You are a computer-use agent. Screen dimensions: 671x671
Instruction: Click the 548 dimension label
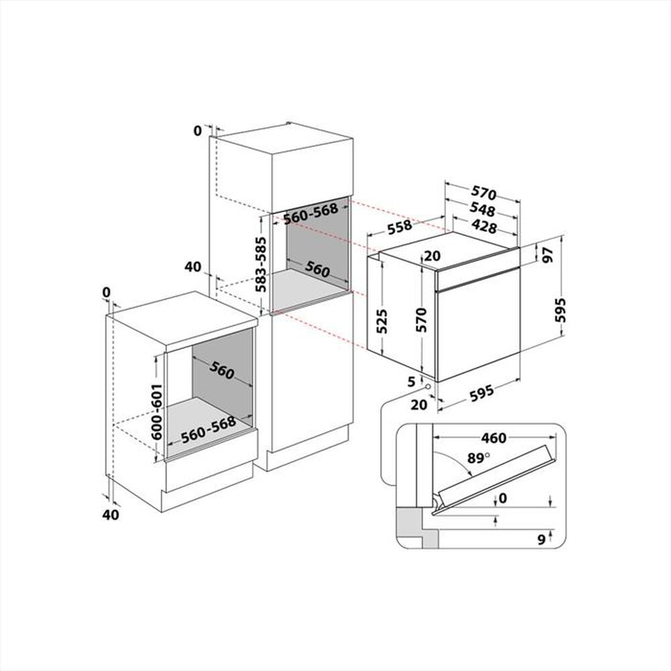click(483, 209)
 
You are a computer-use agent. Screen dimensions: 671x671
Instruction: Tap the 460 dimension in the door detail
click(493, 439)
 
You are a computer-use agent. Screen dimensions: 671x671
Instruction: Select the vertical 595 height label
click(562, 310)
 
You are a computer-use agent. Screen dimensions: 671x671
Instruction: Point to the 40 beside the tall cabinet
click(193, 267)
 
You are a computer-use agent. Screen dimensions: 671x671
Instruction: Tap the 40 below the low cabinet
click(111, 515)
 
